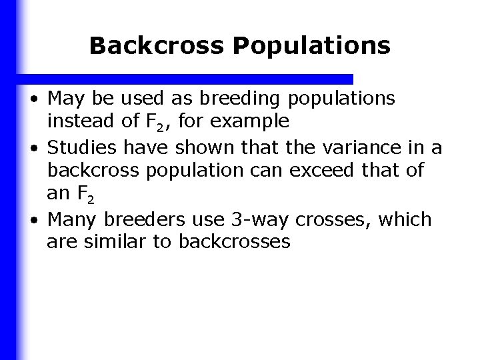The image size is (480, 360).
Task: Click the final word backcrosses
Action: tap(235, 241)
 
